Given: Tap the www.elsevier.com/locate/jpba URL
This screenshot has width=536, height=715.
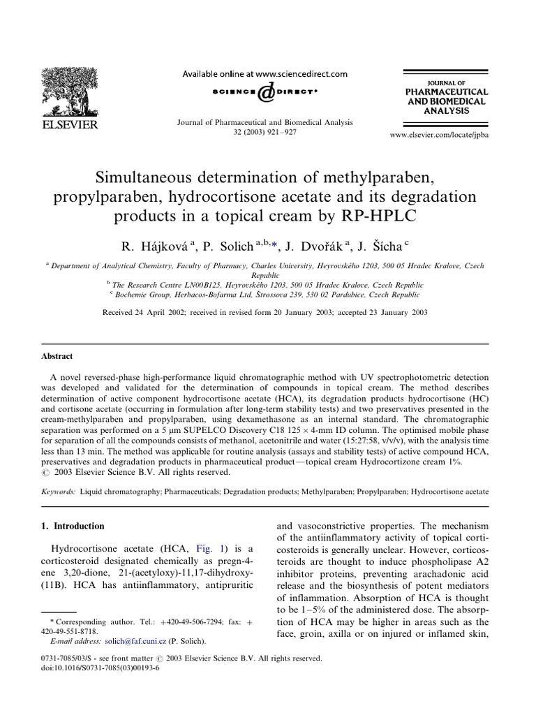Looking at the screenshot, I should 439,134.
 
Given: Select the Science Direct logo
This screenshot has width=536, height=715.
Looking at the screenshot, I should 265,92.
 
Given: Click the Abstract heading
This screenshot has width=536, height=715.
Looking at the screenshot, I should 57,356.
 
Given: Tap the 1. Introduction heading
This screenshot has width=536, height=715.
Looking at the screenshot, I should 79,526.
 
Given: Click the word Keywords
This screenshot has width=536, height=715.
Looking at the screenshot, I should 58,492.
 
